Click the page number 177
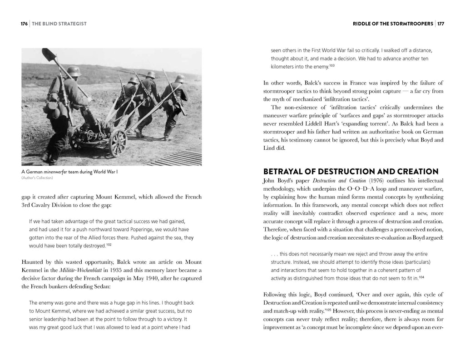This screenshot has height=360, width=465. (440, 24)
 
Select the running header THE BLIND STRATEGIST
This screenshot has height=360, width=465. (59, 24)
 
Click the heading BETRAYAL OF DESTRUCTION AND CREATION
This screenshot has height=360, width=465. (351, 172)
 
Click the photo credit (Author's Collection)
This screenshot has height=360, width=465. (37, 178)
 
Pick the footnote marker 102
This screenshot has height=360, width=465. (109, 245)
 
